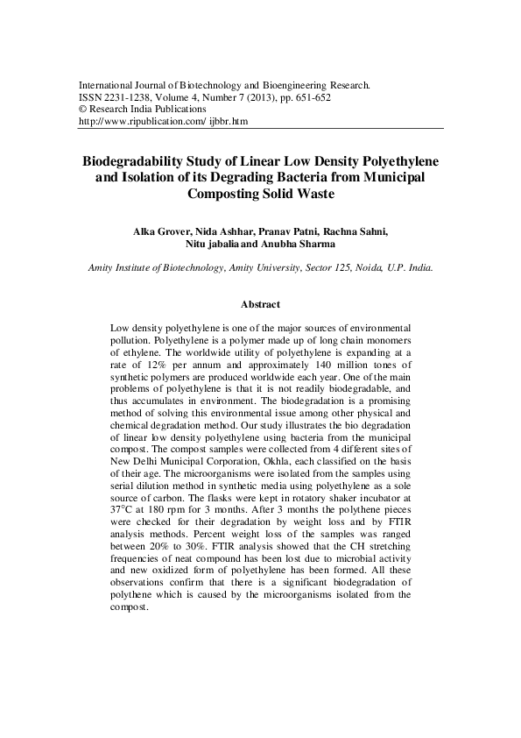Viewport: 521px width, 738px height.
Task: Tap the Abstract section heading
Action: pyautogui.click(x=260, y=305)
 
